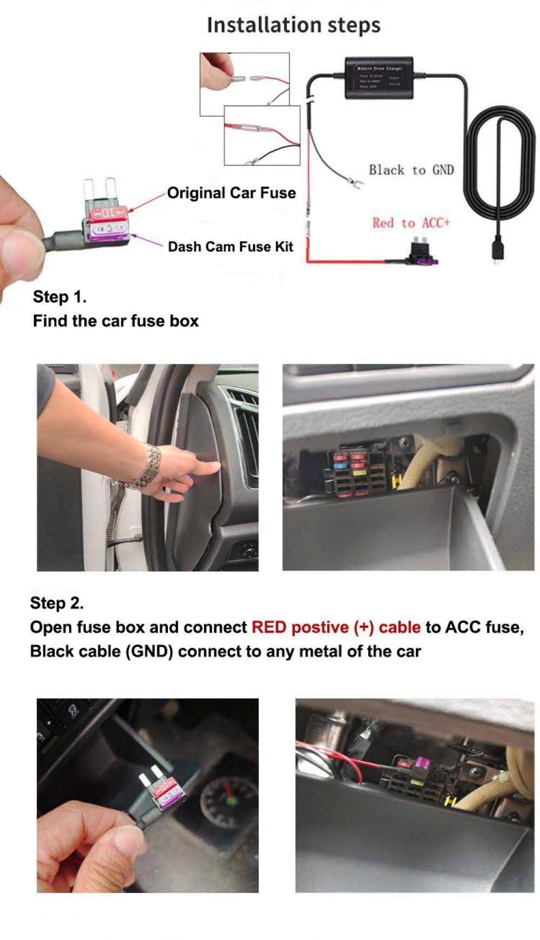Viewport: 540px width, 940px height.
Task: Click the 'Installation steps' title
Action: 293,25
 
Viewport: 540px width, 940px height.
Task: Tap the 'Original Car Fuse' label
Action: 231,193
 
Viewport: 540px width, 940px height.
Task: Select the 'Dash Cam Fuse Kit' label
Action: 230,247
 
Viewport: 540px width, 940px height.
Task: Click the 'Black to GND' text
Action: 411,170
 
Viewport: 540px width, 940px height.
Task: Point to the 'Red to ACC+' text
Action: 410,223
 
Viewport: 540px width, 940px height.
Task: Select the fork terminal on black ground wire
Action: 354,181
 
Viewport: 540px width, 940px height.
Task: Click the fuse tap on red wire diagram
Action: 422,255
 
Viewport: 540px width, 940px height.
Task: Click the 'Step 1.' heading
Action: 59,297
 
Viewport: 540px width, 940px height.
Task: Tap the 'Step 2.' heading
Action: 57,603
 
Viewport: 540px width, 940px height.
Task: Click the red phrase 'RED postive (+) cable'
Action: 335,627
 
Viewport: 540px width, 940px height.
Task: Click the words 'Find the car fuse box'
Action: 116,321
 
